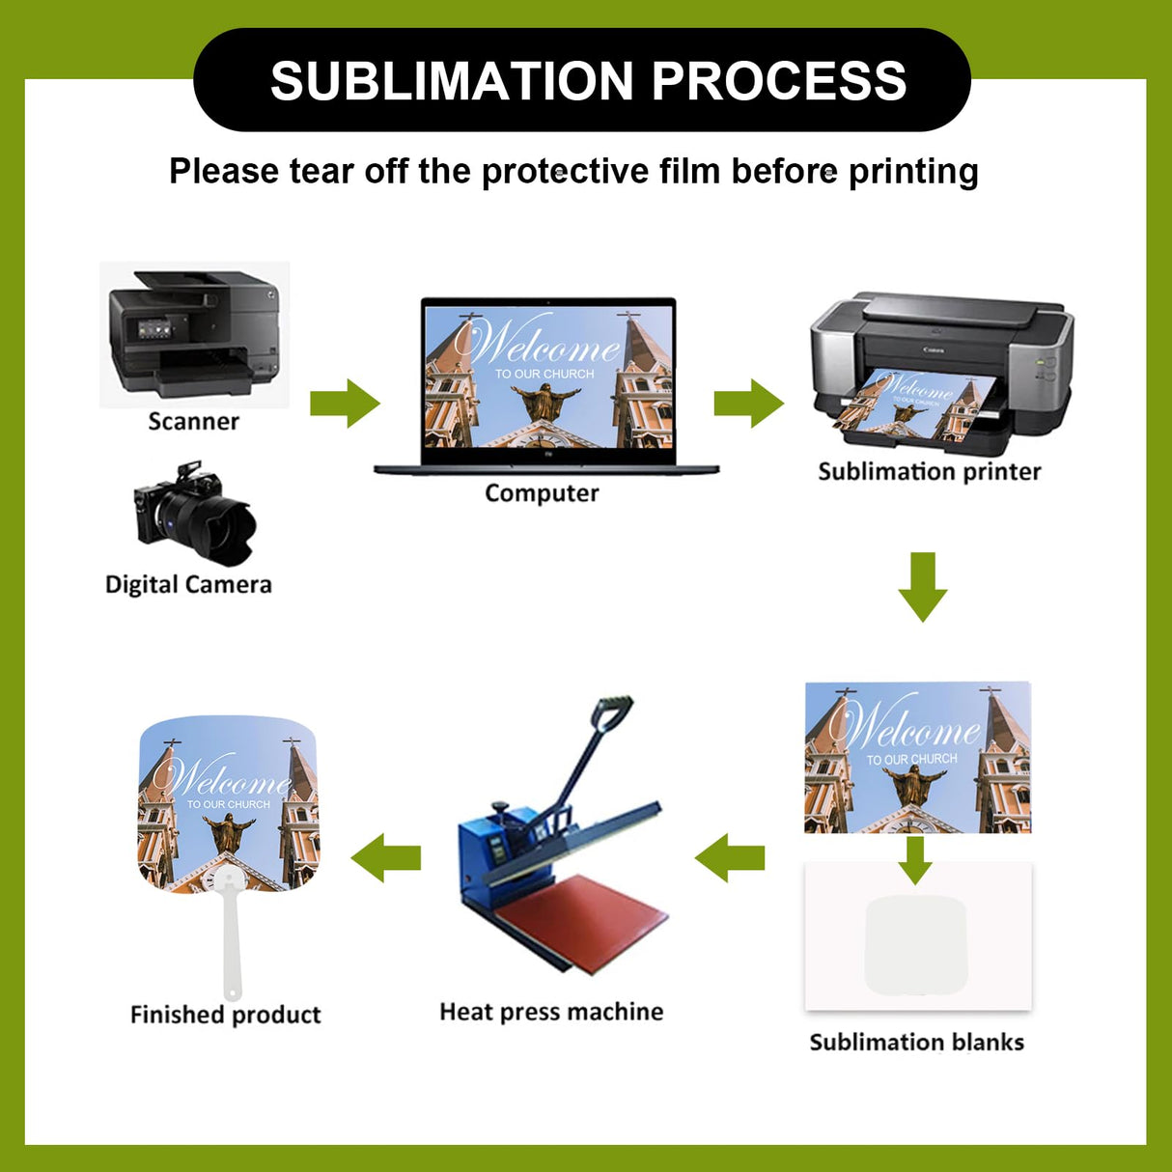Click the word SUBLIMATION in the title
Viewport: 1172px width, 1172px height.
pyautogui.click(x=452, y=81)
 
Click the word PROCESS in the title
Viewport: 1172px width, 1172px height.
pyautogui.click(x=779, y=81)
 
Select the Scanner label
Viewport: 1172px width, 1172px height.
pyautogui.click(x=193, y=422)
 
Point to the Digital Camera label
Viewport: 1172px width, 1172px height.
pyautogui.click(x=188, y=584)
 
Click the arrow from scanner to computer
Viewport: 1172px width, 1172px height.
pyautogui.click(x=345, y=404)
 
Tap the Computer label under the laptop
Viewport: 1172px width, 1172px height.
pyautogui.click(x=542, y=492)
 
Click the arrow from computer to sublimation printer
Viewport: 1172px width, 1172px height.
pyautogui.click(x=749, y=404)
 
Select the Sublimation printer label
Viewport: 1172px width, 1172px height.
pyautogui.click(x=930, y=472)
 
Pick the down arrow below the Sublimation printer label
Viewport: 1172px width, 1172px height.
pyautogui.click(x=923, y=587)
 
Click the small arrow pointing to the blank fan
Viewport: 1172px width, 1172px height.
pyautogui.click(x=915, y=860)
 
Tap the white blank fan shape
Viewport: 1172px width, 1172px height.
pyautogui.click(x=915, y=944)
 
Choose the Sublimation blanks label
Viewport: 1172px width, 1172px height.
pyautogui.click(x=916, y=1043)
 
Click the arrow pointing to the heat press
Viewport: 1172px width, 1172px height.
pyautogui.click(x=729, y=858)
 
